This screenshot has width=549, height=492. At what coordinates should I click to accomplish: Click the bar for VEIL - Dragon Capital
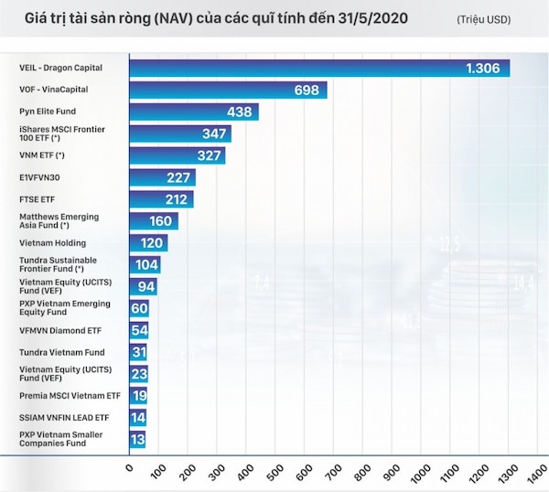pyautogui.click(x=319, y=69)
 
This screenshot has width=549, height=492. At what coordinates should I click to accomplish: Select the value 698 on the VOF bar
pyautogui.click(x=307, y=91)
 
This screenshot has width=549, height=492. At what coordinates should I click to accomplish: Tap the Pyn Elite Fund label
pyautogui.click(x=48, y=112)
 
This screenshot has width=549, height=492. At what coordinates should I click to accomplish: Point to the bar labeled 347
pyautogui.click(x=180, y=134)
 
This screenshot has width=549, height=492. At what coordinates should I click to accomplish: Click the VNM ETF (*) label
pyautogui.click(x=42, y=155)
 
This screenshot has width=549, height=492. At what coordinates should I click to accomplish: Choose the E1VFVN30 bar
pyautogui.click(x=163, y=177)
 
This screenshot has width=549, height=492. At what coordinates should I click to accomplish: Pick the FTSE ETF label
pyautogui.click(x=38, y=199)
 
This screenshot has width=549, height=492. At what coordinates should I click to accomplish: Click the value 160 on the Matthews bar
pyautogui.click(x=161, y=221)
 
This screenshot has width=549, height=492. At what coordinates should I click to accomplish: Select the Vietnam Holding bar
pyautogui.click(x=148, y=243)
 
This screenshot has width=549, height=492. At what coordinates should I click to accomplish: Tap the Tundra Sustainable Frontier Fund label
pyautogui.click(x=59, y=264)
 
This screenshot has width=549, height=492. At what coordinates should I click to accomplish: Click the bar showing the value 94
pyautogui.click(x=144, y=286)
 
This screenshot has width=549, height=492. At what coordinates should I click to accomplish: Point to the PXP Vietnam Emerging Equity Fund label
pyautogui.click(x=65, y=308)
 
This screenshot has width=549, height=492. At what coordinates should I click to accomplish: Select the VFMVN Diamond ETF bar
pyautogui.click(x=139, y=330)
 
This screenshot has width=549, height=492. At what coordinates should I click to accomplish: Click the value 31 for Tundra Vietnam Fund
pyautogui.click(x=139, y=352)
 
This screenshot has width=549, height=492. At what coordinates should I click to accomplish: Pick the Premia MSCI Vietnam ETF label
pyautogui.click(x=70, y=396)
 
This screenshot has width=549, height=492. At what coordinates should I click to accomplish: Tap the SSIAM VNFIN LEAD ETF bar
pyautogui.click(x=138, y=417)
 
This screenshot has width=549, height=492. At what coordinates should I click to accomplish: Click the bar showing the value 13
pyautogui.click(x=137, y=440)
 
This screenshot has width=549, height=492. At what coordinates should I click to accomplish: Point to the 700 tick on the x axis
pyautogui.click(x=334, y=472)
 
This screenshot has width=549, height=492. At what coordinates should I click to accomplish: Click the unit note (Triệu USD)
pyautogui.click(x=483, y=19)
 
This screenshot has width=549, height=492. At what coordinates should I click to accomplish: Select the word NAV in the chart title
pyautogui.click(x=174, y=18)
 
